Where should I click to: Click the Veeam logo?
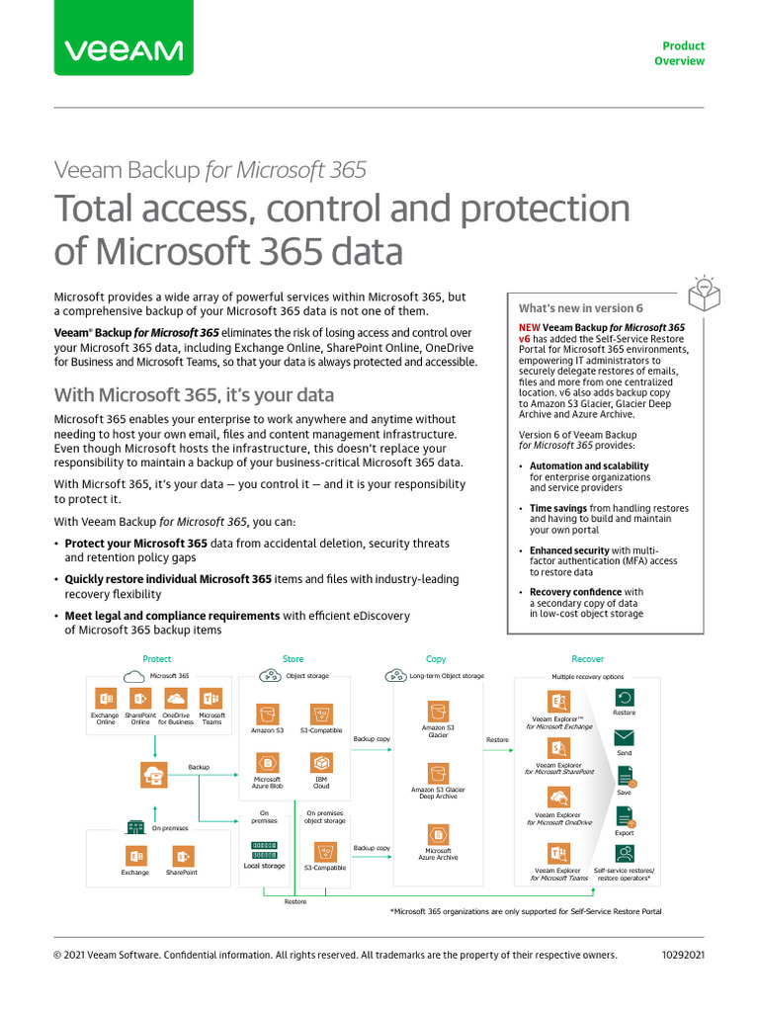pyautogui.click(x=124, y=50)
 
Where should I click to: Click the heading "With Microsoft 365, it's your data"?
pyautogui.click(x=194, y=395)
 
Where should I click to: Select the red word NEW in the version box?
pyautogui.click(x=529, y=327)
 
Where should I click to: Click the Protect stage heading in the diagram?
pyautogui.click(x=157, y=659)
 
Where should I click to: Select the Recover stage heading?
pyautogui.click(x=588, y=659)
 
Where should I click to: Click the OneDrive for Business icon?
pyautogui.click(x=176, y=699)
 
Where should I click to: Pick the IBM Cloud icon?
pyautogui.click(x=321, y=763)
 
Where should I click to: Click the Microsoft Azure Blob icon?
pyautogui.click(x=267, y=763)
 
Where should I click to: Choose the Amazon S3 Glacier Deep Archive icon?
pyautogui.click(x=438, y=774)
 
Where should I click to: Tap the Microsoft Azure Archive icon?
pyautogui.click(x=438, y=834)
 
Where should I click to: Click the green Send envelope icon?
pyautogui.click(x=624, y=737)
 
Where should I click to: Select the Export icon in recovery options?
pyautogui.click(x=625, y=817)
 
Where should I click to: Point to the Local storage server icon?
pyautogui.click(x=264, y=850)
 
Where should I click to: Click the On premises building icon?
pyautogui.click(x=136, y=827)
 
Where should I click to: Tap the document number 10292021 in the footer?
pyautogui.click(x=683, y=955)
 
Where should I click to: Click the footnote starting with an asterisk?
pyautogui.click(x=526, y=911)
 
